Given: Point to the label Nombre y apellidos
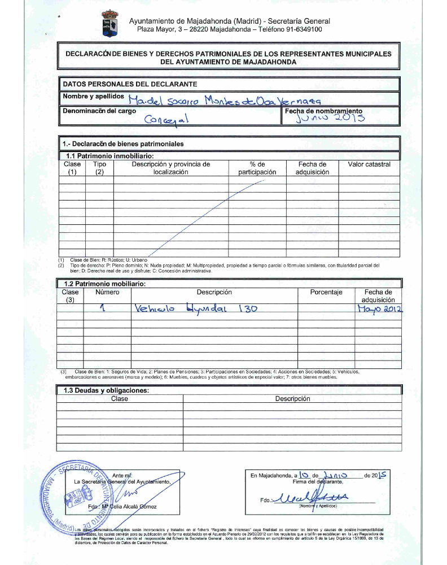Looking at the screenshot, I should coord(93,97).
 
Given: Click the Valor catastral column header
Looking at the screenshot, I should coord(369,164).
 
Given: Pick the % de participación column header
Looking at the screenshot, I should coord(257,168).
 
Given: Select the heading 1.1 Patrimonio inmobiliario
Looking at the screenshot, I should coord(111,155).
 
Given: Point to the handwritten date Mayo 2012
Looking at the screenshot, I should coord(379,309).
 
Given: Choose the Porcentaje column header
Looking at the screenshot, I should coord(326,293).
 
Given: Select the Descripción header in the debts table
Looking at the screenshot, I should coord(292,399).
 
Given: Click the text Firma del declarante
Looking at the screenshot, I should coord(310,481).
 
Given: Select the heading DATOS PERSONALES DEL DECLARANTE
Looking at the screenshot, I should coord(129,84).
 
